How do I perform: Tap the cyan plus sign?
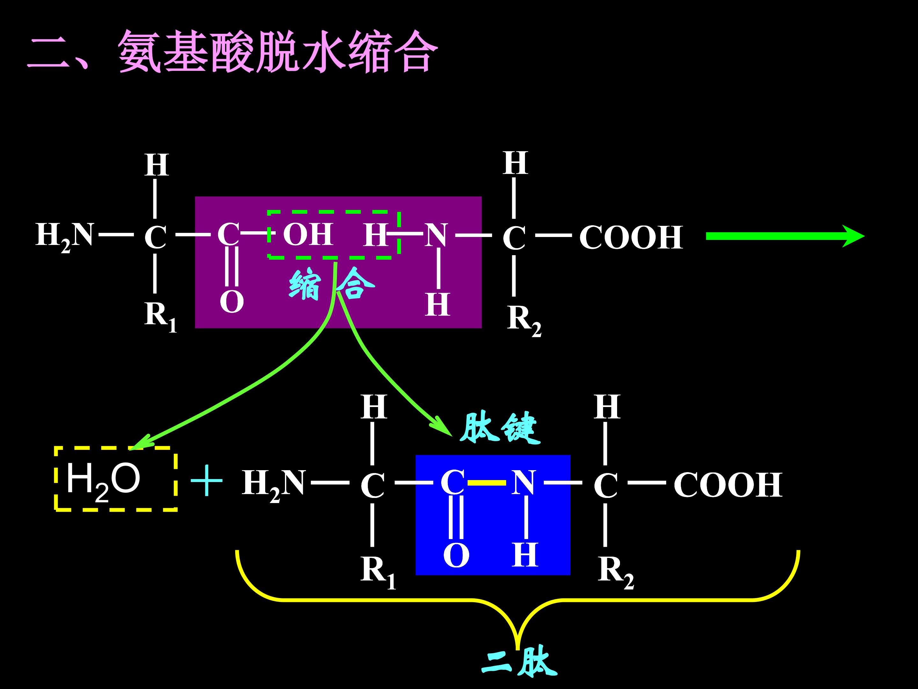[206, 481]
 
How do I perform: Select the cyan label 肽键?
[500, 428]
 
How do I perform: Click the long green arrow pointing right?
[784, 236]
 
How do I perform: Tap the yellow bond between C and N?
[487, 483]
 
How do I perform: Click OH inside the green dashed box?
[308, 235]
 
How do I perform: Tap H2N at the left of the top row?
[65, 236]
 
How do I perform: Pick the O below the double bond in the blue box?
[456, 556]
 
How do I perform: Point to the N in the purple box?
[436, 235]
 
